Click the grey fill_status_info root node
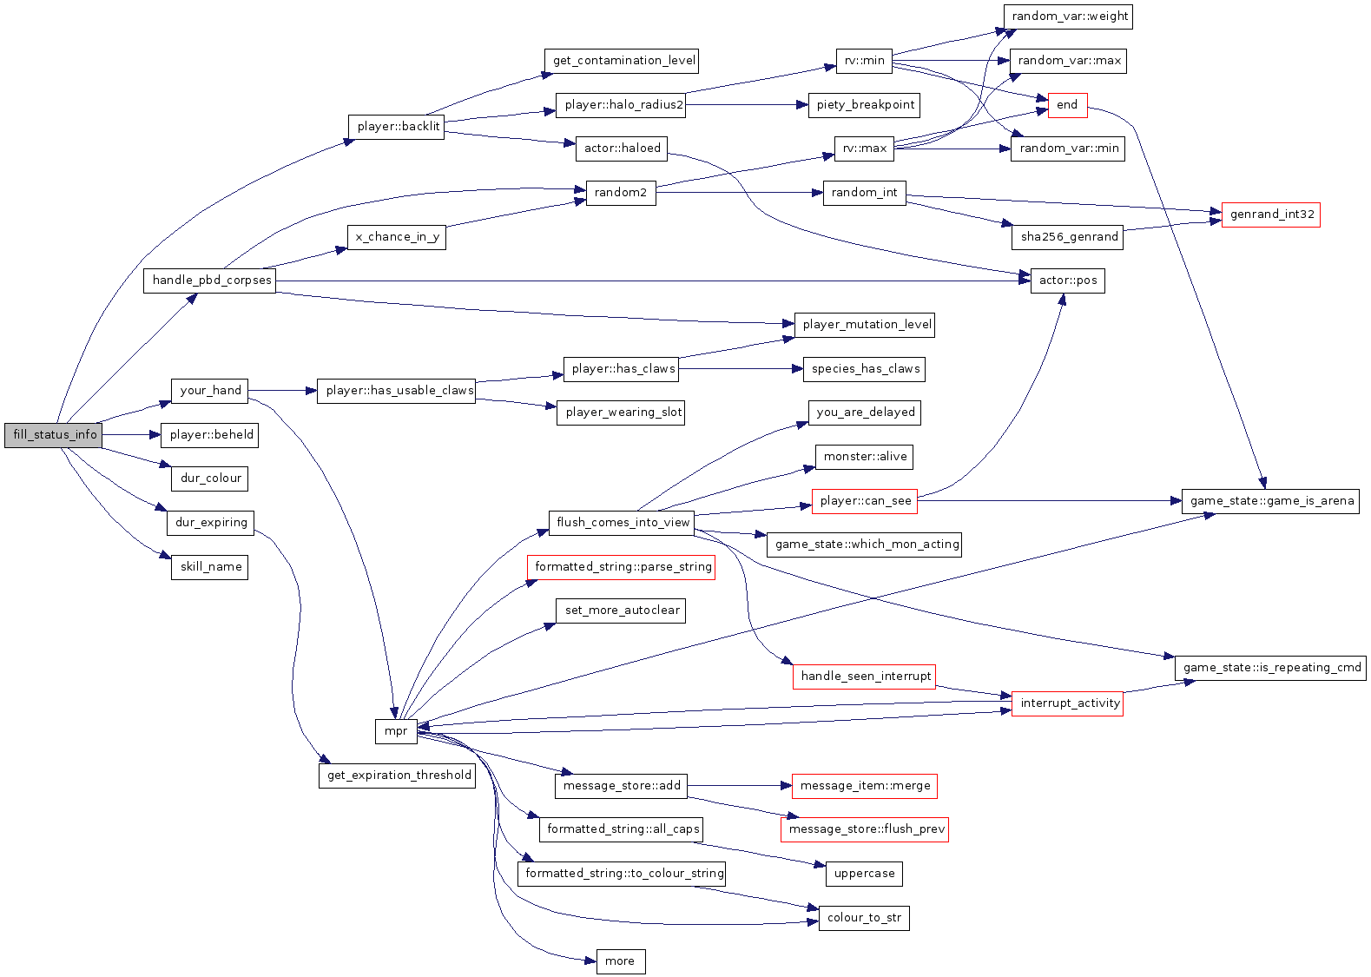(x=53, y=435)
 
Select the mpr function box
(x=396, y=731)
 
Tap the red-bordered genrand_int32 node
(x=1271, y=215)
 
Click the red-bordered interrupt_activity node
(x=1067, y=703)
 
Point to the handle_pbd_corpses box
(x=209, y=281)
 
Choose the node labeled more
(x=620, y=961)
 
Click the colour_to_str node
(x=864, y=918)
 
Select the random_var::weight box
(x=1068, y=17)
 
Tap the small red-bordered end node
(x=1067, y=105)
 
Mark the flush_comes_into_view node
(x=622, y=523)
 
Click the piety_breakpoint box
(x=864, y=105)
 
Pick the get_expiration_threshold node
(x=398, y=776)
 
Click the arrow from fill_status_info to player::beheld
(x=131, y=435)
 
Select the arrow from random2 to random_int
(x=739, y=193)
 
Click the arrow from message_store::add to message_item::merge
(x=739, y=786)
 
